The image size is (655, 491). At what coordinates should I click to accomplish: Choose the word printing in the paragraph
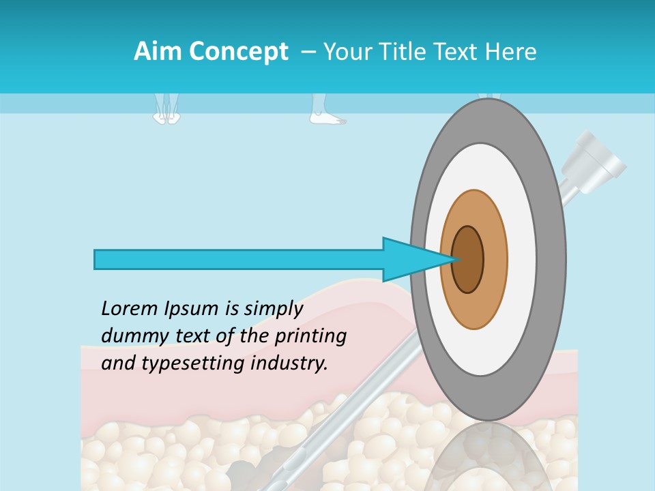311,337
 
